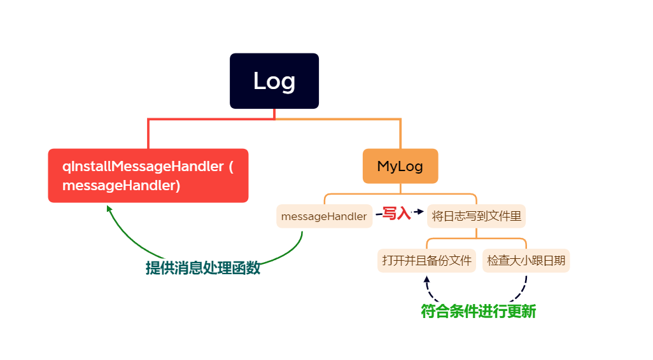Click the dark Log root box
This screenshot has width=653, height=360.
click(x=274, y=81)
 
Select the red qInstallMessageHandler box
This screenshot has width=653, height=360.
click(x=148, y=176)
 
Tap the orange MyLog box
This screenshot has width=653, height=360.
click(x=400, y=166)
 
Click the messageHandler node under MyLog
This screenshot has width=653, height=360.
click(x=324, y=216)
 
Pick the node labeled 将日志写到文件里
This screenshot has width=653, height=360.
click(x=476, y=216)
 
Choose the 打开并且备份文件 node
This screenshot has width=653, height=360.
click(x=426, y=261)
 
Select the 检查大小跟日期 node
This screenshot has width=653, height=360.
click(x=526, y=261)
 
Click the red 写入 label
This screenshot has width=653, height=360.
click(x=396, y=214)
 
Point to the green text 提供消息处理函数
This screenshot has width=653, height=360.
click(x=202, y=268)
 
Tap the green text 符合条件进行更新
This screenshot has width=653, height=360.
click(x=478, y=312)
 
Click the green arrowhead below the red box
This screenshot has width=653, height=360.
click(x=109, y=209)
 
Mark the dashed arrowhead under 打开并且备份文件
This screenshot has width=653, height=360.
click(x=426, y=279)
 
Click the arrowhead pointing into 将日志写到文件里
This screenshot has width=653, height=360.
click(x=419, y=211)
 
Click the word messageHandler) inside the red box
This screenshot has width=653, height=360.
click(x=121, y=185)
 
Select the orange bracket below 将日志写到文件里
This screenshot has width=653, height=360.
click(x=476, y=239)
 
